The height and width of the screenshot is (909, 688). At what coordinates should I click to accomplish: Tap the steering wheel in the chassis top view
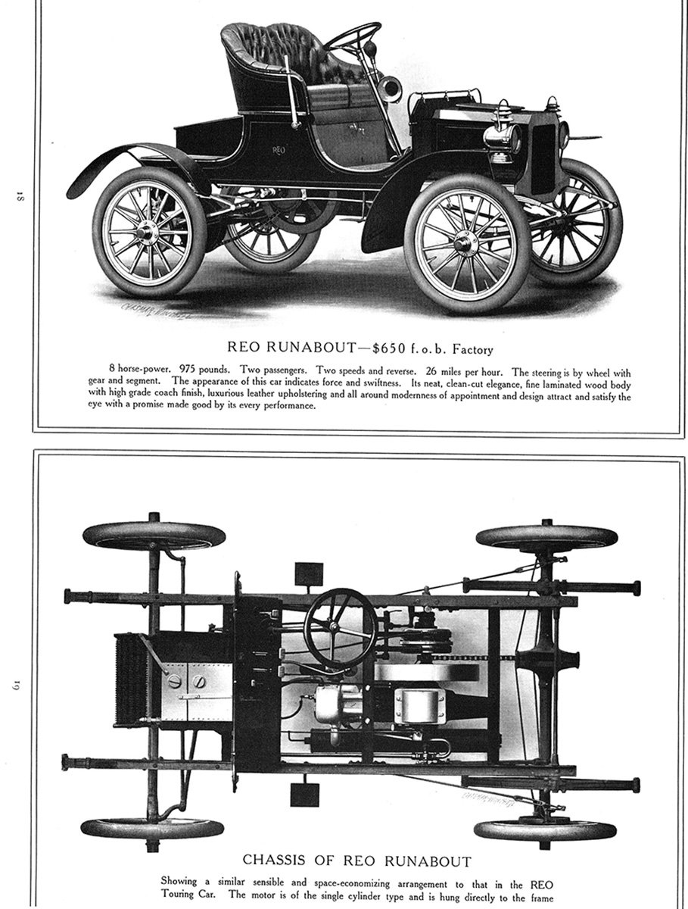pyautogui.click(x=340, y=627)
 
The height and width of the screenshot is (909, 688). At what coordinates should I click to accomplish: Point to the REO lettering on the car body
pyautogui.click(x=279, y=151)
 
